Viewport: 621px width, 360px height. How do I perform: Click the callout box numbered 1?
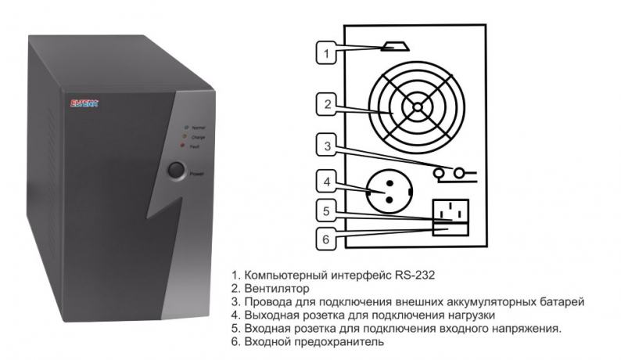pos(328,53)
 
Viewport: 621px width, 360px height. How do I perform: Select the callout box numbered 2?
pos(328,103)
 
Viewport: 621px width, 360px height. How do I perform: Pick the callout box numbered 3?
pos(328,145)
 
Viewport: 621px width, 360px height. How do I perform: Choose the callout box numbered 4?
pos(328,182)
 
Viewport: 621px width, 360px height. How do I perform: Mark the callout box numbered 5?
pos(328,211)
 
